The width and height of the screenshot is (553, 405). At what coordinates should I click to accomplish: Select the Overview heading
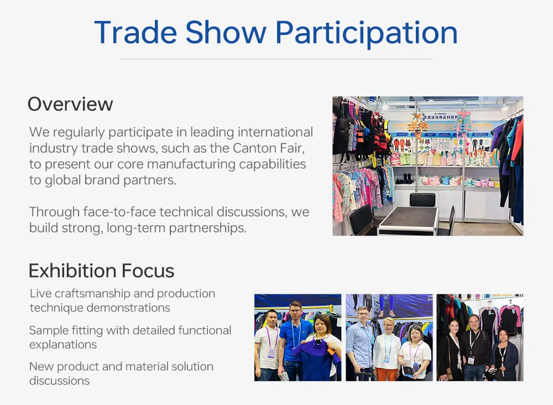(70, 104)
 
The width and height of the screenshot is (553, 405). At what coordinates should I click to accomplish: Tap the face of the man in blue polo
(295, 310)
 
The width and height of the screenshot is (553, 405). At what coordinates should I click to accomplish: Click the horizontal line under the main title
(276, 59)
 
